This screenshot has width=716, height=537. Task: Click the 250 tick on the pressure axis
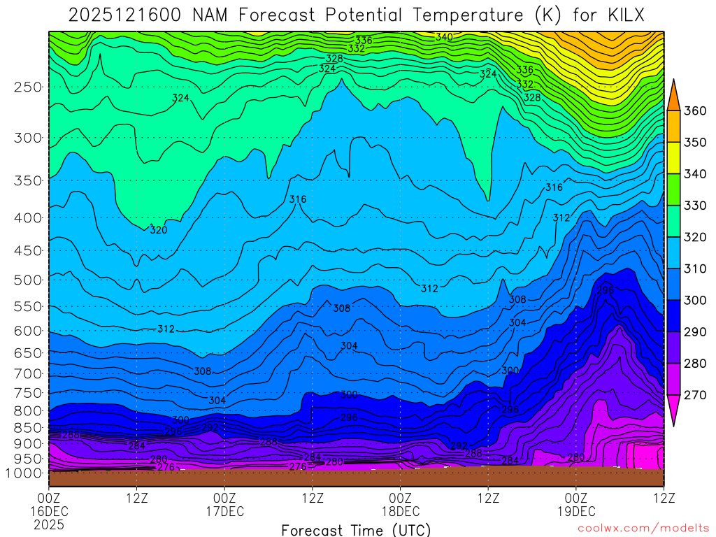[28, 87]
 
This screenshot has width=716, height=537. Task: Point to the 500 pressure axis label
[28, 280]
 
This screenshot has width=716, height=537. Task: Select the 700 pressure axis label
[28, 373]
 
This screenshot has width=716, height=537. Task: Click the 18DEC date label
[400, 511]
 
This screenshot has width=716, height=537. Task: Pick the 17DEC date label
[224, 511]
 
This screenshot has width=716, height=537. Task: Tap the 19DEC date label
[575, 511]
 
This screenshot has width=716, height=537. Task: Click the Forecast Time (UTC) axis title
[356, 529]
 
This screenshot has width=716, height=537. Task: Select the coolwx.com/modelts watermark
[643, 528]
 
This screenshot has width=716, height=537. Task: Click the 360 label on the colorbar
[695, 111]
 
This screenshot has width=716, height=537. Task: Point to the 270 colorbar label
[695, 395]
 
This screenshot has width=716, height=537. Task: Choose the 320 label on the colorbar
[695, 238]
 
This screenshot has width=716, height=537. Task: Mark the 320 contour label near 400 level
[159, 229]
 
